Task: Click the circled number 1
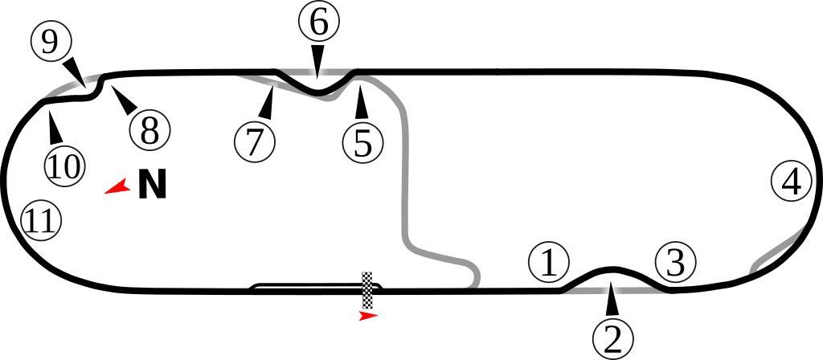coord(549,263)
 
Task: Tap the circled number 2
coord(613,338)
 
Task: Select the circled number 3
coord(675,262)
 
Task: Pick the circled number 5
coord(362,142)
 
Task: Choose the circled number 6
coord(318,23)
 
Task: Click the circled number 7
coord(255,141)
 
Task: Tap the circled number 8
coord(149,129)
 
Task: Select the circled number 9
coord(51,42)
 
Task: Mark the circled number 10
coord(63,166)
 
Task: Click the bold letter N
coord(152,185)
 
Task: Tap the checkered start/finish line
coord(367,291)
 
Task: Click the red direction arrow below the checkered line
coord(368,317)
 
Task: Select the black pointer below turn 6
coord(318,59)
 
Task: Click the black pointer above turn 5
coord(361,103)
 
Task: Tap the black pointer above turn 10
coord(54,128)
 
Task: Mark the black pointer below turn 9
coord(75,69)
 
